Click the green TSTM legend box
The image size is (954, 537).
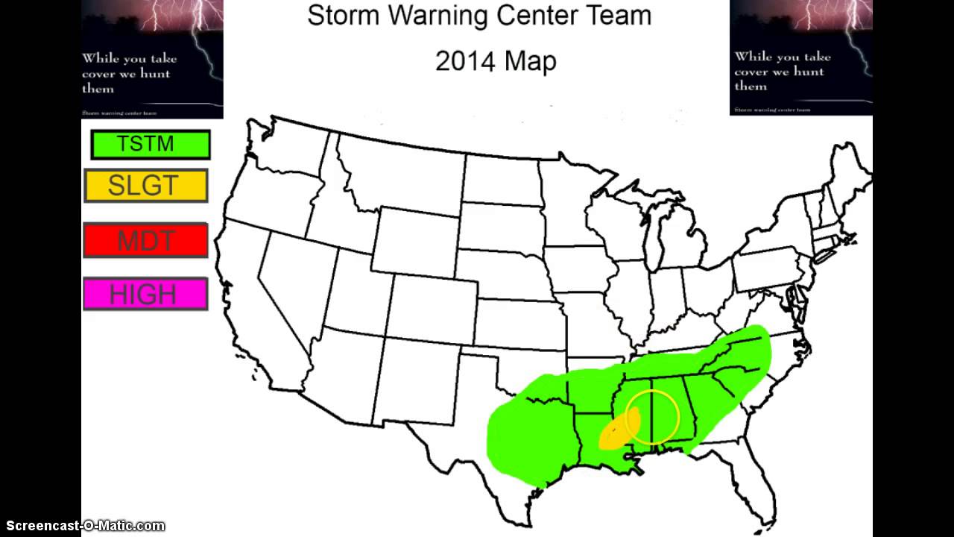[x=151, y=145]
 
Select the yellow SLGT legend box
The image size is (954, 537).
[x=146, y=186]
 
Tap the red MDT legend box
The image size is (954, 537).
[x=145, y=240]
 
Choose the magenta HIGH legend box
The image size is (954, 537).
[x=145, y=295]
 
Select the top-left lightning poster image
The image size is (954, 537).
[x=152, y=58]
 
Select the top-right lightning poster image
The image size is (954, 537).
[x=800, y=57]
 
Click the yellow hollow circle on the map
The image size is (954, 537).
[x=653, y=417]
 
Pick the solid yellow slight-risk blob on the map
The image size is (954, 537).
[x=617, y=432]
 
